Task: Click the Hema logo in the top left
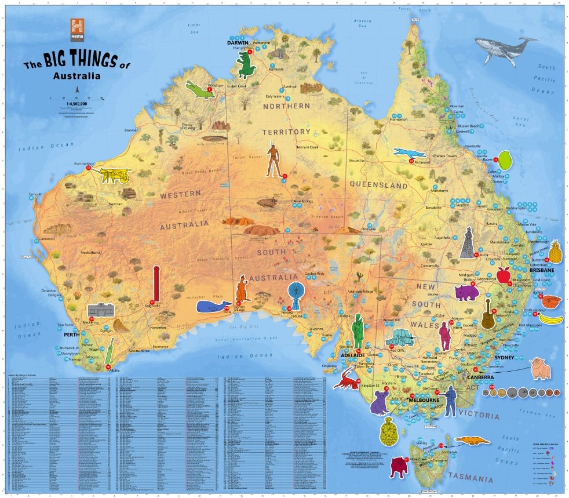click(78, 29)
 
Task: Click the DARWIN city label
click(238, 42)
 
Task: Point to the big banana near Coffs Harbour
click(551, 318)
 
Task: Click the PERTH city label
click(72, 335)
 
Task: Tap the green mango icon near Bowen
click(505, 159)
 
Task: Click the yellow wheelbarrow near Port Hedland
click(116, 175)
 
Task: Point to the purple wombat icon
click(467, 292)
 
